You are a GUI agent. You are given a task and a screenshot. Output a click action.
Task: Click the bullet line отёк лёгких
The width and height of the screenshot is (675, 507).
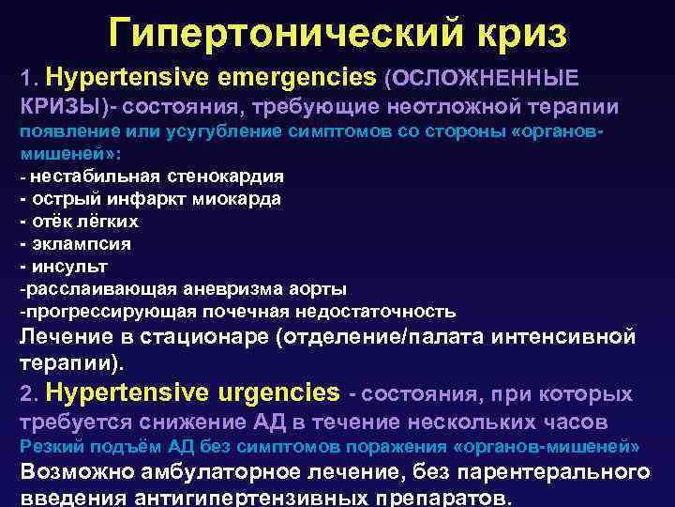click(x=79, y=221)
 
